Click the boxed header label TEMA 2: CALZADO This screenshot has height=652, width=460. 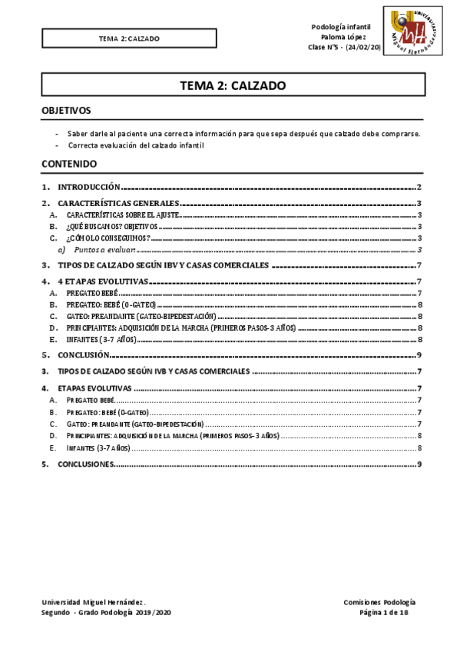click(x=129, y=38)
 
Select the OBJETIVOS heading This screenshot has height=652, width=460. click(x=66, y=111)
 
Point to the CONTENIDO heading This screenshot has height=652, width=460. click(x=69, y=164)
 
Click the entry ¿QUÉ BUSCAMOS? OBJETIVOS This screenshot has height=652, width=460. click(x=112, y=228)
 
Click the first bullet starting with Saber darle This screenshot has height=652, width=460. click(x=253, y=133)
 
